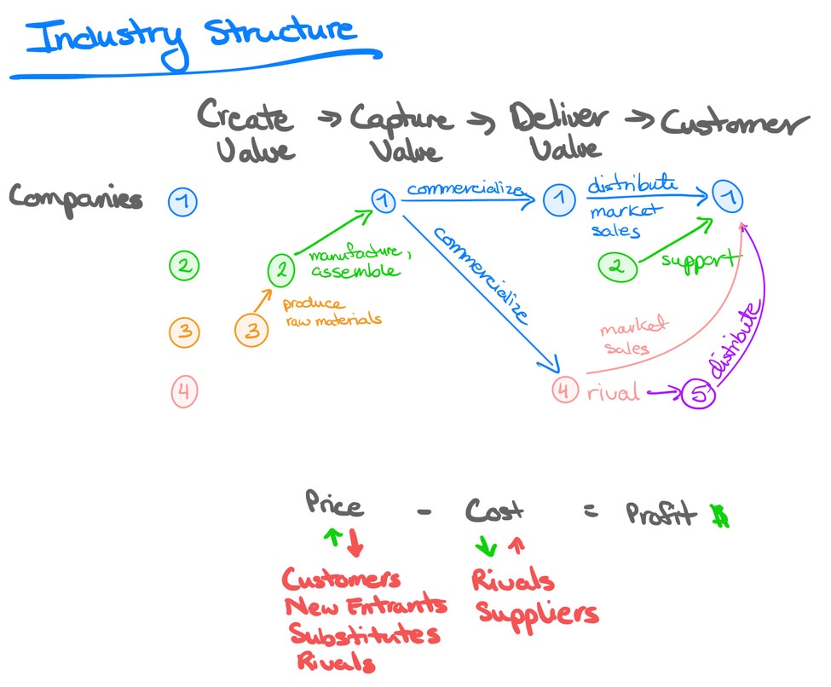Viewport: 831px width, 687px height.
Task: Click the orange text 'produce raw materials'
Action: point(331,312)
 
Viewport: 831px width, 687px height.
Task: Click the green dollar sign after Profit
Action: point(720,515)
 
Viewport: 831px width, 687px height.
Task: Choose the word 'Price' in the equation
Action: point(334,505)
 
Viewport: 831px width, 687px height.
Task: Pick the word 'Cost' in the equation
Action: point(494,511)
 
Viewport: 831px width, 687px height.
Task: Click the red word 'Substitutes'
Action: point(364,635)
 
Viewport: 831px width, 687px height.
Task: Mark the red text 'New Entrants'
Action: point(366,607)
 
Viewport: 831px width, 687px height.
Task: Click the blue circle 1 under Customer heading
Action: point(728,199)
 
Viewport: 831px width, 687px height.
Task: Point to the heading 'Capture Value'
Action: point(401,133)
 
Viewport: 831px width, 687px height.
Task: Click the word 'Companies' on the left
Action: point(76,198)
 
